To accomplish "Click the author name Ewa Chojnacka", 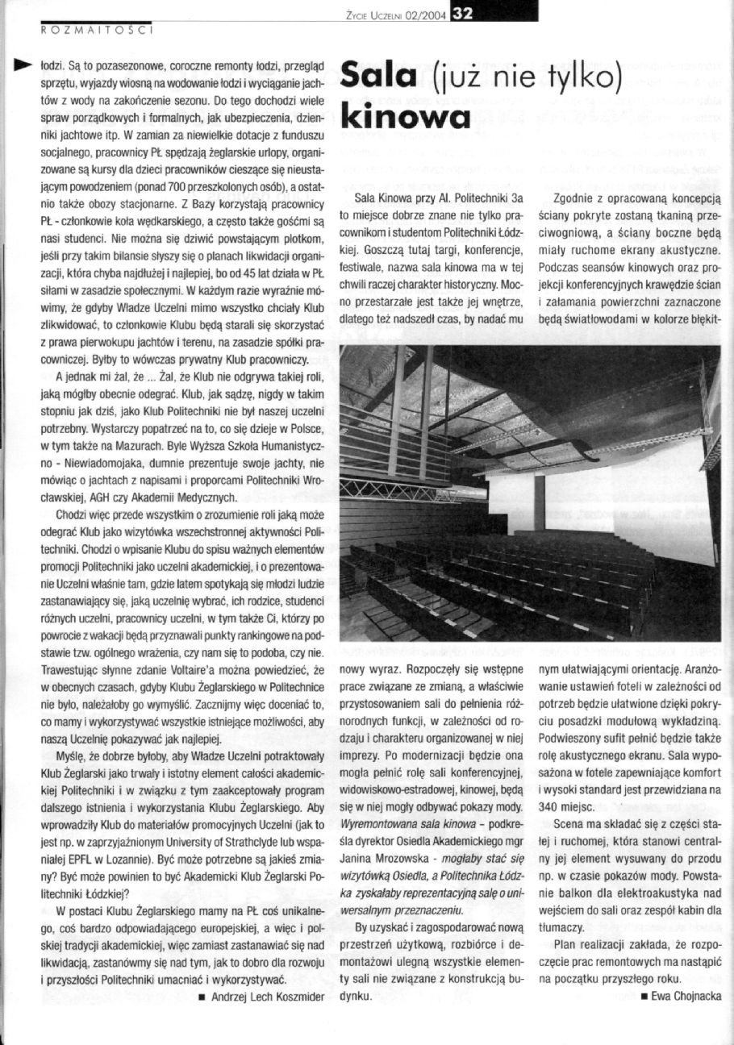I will pos(685,996).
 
